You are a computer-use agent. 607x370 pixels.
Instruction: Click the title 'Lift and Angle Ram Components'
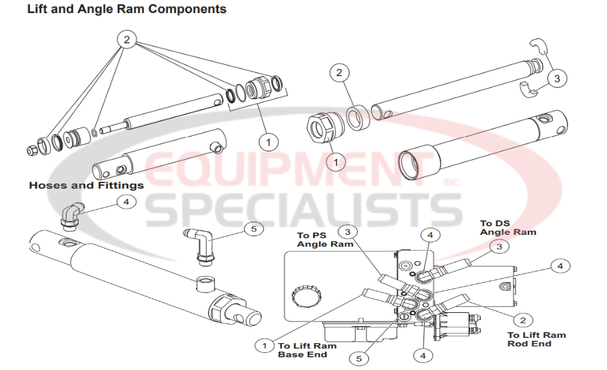pyautogui.click(x=127, y=9)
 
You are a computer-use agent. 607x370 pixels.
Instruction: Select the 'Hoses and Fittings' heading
pyautogui.click(x=86, y=185)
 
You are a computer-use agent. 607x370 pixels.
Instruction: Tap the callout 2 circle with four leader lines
pyautogui.click(x=127, y=40)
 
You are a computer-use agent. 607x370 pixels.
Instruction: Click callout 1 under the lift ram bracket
pyautogui.click(x=267, y=140)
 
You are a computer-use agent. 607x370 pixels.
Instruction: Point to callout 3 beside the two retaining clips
pyautogui.click(x=557, y=79)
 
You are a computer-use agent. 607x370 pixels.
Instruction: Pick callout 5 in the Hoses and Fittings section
pyautogui.click(x=253, y=228)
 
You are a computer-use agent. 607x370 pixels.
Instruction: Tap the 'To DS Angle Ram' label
pyautogui.click(x=507, y=228)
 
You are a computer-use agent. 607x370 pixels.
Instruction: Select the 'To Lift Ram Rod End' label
pyautogui.click(x=536, y=339)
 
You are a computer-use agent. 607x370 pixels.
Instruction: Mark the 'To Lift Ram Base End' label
pyautogui.click(x=307, y=350)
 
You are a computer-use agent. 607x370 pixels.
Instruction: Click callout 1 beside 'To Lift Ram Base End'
pyautogui.click(x=265, y=345)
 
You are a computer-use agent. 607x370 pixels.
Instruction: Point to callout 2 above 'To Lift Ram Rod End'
pyautogui.click(x=522, y=320)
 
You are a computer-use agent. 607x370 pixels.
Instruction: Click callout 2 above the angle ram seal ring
pyautogui.click(x=339, y=73)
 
